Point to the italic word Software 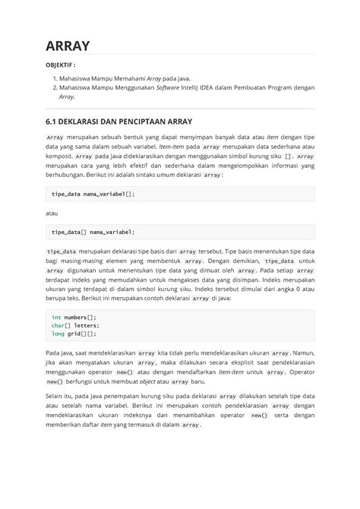[171, 88]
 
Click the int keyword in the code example [56, 317]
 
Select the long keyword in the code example [58, 334]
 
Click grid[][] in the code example [82, 334]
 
